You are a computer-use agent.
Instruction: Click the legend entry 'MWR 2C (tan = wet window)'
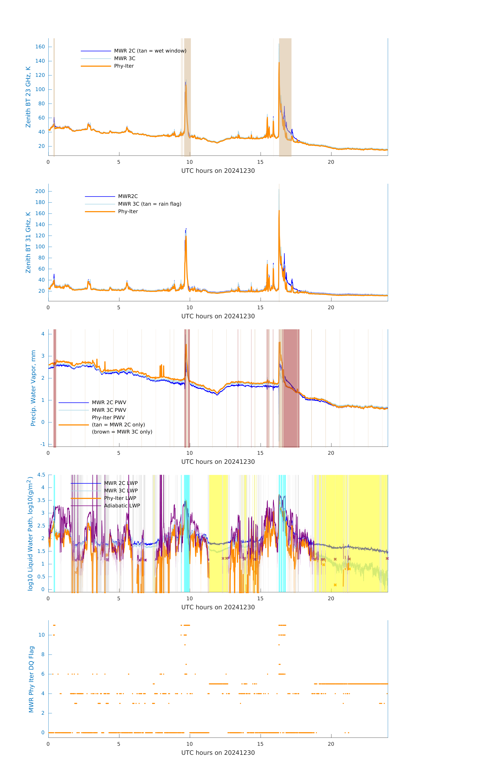tap(150, 51)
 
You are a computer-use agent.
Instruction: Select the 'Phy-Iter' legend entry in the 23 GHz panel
tap(124, 66)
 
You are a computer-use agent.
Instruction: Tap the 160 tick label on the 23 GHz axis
tap(40, 47)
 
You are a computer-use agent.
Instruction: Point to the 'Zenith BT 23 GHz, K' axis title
tap(28, 97)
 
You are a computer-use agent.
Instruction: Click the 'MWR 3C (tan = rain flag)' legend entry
tap(150, 204)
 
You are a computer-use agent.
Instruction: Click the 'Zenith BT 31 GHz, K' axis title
tap(28, 242)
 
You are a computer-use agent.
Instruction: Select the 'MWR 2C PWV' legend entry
tap(109, 402)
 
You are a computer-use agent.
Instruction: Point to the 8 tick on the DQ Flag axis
tap(43, 655)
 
